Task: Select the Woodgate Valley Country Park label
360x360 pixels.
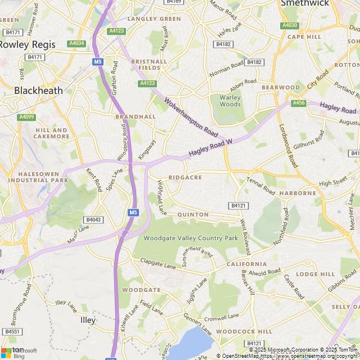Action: [191, 238]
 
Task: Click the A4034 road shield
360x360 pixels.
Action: [76, 43]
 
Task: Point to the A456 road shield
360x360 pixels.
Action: [299, 103]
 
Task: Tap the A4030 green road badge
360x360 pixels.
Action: [290, 25]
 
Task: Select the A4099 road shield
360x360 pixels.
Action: [26, 117]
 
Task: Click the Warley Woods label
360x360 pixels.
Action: [229, 101]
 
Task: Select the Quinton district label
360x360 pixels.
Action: [193, 214]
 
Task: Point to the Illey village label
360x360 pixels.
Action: [88, 320]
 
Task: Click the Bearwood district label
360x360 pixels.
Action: [281, 87]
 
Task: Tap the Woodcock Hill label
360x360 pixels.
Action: [244, 332]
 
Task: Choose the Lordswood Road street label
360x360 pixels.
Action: [287, 145]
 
